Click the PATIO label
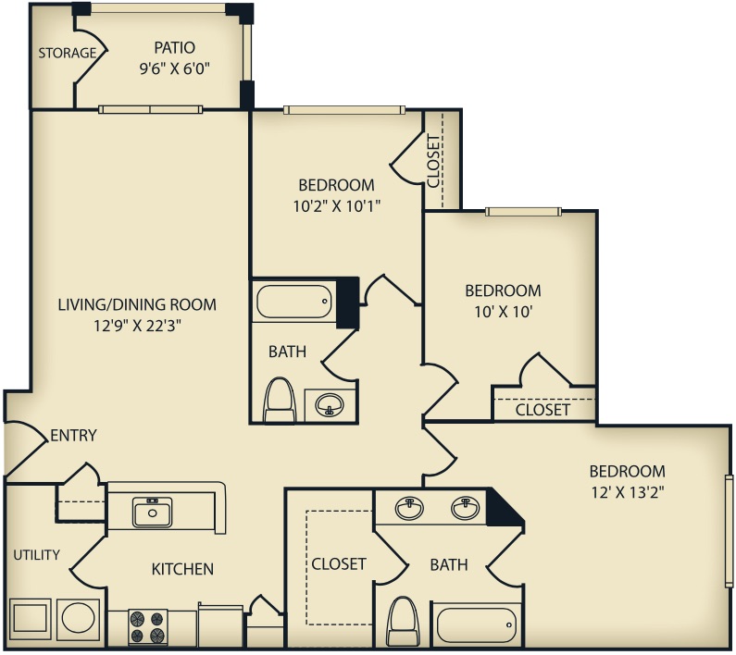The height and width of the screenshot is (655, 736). [174, 47]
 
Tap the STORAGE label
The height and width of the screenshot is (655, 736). [67, 53]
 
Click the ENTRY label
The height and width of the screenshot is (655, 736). [73, 435]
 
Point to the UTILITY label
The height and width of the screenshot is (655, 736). [36, 555]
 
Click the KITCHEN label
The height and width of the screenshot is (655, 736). [182, 569]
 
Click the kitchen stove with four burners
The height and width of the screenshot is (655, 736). [145, 626]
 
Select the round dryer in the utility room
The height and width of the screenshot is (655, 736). [78, 618]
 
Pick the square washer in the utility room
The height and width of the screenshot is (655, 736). [31, 618]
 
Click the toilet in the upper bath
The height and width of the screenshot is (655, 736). [280, 401]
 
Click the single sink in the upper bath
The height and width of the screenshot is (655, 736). [328, 404]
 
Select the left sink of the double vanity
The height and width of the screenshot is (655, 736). [409, 508]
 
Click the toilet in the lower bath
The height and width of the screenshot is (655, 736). [403, 621]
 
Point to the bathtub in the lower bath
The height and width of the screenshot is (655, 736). [476, 624]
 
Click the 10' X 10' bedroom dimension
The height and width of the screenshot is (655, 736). [502, 312]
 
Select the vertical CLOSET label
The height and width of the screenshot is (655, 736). [433, 161]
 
